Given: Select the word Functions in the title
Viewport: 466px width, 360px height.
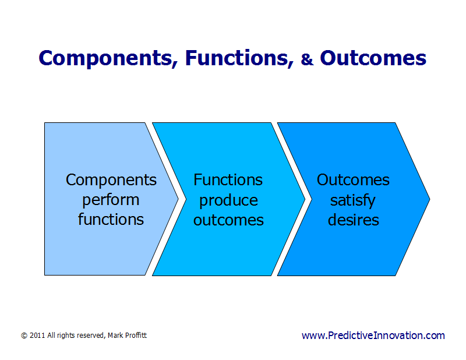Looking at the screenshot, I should coord(239,58).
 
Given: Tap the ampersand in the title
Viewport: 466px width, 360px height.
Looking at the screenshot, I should coord(307,59).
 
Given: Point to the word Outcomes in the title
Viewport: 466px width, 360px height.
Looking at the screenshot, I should coord(373,58).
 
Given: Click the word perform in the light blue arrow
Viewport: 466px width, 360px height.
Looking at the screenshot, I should coord(111,200).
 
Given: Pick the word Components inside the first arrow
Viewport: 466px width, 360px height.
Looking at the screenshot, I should coord(111,179).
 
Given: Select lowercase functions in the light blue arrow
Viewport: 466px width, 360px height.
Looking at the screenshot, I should coord(111,220).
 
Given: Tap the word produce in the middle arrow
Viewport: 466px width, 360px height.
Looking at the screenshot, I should coord(228,200).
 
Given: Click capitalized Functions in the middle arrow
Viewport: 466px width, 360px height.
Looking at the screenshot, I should coord(228,179).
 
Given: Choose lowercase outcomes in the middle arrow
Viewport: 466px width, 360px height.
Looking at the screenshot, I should coord(228,220).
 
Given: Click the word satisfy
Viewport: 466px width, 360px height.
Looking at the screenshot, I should coord(353,200).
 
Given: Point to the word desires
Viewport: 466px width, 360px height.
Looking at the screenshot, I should coord(353,220).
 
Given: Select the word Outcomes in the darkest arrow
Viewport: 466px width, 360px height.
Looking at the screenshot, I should coord(353,179).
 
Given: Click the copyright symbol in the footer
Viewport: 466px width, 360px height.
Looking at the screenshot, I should coord(24,336).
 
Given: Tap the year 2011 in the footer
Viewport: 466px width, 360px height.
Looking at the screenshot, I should coord(37,336).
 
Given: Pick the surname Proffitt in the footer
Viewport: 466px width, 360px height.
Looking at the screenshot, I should coord(133,336).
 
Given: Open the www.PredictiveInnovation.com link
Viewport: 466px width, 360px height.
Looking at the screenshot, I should coord(373,336).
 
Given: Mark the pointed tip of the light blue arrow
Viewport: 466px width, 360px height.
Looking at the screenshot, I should coord(176,199).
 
